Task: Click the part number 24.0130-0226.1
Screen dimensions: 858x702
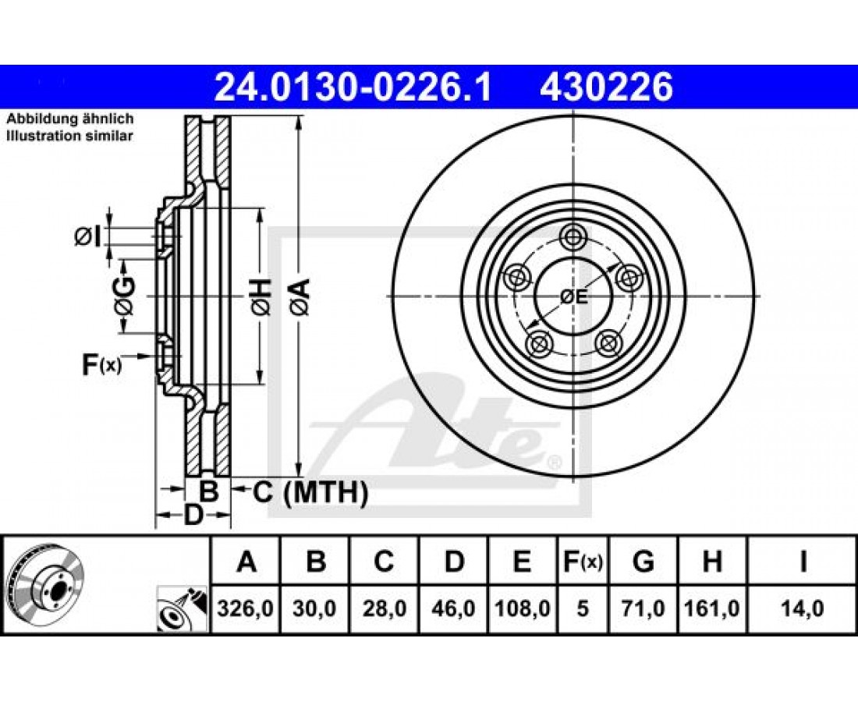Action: pos(353,87)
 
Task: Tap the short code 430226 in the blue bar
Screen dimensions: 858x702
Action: pos(607,87)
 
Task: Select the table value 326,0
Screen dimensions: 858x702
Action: pos(245,608)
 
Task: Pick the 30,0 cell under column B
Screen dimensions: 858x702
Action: pos(314,608)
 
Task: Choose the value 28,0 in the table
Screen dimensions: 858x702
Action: pos(384,608)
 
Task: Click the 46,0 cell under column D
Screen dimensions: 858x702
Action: pos(454,608)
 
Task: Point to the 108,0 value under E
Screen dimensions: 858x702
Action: pos(522,608)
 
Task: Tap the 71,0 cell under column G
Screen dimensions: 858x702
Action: pos(643,608)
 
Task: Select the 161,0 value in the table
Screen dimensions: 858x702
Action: pos(711,608)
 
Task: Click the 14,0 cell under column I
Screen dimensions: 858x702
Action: pos(802,608)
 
